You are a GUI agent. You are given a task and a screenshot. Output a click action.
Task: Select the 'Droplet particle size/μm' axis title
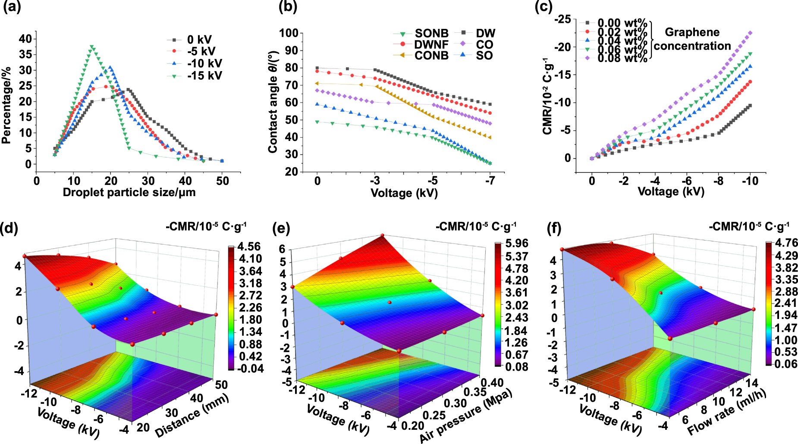[129, 192]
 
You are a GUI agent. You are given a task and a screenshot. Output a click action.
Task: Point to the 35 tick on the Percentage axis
[25, 54]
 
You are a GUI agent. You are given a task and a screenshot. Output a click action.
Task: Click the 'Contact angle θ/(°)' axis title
[273, 102]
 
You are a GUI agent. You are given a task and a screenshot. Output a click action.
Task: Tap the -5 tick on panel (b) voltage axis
[432, 181]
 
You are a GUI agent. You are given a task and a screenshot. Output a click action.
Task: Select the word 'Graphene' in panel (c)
[692, 32]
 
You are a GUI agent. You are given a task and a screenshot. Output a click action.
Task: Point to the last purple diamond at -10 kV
[750, 33]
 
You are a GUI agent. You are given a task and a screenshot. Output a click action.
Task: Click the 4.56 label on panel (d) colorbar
[249, 247]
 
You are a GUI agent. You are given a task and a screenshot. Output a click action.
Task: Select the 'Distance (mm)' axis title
[192, 416]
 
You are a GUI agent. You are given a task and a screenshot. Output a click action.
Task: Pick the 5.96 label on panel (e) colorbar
[516, 244]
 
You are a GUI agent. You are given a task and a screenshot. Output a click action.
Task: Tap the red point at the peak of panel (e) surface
[382, 235]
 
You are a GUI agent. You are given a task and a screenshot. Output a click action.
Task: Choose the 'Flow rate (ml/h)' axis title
[726, 412]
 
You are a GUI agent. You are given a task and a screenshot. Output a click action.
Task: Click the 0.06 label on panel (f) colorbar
[786, 364]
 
